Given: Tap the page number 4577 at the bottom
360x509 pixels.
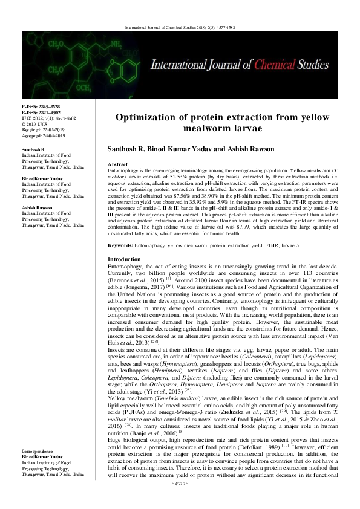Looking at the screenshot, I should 180,501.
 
